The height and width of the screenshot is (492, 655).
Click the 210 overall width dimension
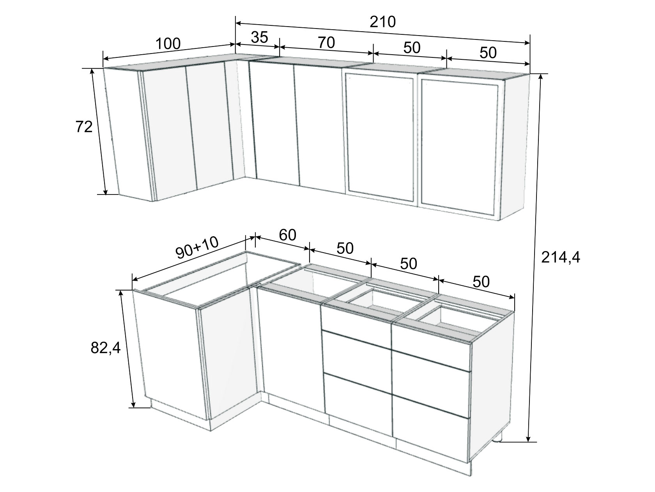382,22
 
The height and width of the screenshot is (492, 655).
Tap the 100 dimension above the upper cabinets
168,44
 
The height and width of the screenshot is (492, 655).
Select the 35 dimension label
259,37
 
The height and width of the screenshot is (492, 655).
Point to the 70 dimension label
326,43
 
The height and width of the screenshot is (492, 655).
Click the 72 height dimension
84,127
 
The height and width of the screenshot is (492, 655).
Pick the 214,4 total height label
561,257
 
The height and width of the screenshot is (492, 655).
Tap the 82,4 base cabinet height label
106,348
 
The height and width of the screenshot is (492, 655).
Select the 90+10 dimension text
197,248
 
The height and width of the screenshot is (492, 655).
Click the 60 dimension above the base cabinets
288,235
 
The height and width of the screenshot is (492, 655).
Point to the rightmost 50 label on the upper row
488,53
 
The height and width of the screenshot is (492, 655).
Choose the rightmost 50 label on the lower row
481,282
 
